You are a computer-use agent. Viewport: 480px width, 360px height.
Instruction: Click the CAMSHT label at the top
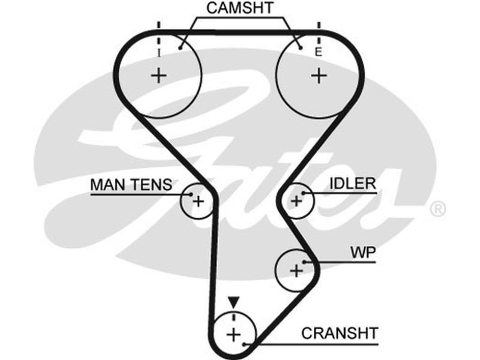coord(240,8)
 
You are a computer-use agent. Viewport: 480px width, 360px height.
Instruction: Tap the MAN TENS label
coord(131,184)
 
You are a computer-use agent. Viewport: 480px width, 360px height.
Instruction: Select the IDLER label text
coord(352,183)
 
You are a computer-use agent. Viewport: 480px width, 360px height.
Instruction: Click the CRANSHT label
coord(340,332)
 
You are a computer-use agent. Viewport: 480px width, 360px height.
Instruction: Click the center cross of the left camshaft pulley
coord(159,76)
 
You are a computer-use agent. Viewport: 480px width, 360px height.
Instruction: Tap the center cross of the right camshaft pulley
coord(319,76)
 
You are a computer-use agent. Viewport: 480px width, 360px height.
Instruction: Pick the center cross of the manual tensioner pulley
coord(198,201)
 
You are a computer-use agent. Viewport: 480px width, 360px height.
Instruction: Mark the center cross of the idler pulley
coord(296,200)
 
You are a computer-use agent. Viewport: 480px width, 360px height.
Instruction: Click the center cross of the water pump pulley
coord(296,271)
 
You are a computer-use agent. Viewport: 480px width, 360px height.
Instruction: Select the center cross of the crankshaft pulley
coord(233,334)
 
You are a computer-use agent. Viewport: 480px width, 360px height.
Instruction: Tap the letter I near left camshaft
coord(159,53)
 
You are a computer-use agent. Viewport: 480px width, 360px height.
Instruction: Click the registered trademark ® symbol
coord(438,209)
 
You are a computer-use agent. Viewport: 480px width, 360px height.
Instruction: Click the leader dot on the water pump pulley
coord(305,262)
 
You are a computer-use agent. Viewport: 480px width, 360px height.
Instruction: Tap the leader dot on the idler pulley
coord(304,193)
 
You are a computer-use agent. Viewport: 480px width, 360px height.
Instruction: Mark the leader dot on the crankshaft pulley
coord(244,344)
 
